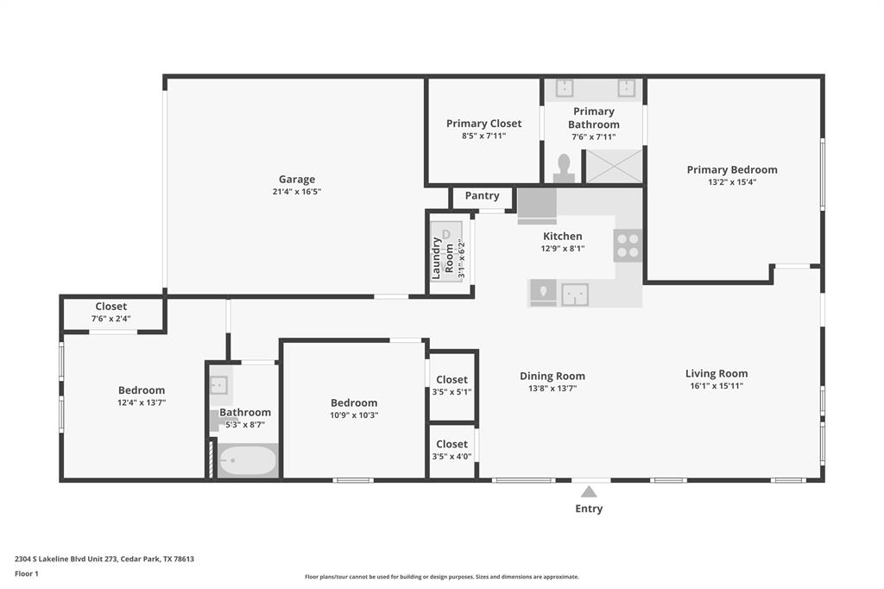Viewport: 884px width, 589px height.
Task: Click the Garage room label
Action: pos(297,180)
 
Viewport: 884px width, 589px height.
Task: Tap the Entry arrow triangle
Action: pos(589,491)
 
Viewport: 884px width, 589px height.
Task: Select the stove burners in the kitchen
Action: pos(628,245)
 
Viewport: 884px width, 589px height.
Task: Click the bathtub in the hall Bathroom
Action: pos(248,460)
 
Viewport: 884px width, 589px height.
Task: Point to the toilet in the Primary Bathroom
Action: pos(564,168)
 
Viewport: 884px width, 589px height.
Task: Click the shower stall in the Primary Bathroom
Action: pos(612,166)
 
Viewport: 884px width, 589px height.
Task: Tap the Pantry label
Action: pos(482,196)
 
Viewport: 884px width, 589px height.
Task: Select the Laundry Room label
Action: pos(443,258)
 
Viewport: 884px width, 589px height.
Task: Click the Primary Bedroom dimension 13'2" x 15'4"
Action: pos(732,182)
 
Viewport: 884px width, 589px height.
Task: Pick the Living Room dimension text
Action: pos(717,386)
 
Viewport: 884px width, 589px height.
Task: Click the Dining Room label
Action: pos(552,376)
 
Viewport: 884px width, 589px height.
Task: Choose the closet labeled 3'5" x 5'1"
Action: pos(451,386)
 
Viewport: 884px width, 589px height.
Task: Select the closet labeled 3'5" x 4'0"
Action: pos(451,450)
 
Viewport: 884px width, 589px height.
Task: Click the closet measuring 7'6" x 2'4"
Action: pos(111,313)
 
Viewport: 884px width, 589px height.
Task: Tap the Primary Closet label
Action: pos(483,123)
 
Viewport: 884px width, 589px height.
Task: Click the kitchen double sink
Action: pos(575,294)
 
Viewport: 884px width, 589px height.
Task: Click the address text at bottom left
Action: pos(104,559)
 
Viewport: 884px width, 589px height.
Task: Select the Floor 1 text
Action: pos(27,573)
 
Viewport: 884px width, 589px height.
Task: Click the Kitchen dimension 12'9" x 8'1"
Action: pos(563,248)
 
